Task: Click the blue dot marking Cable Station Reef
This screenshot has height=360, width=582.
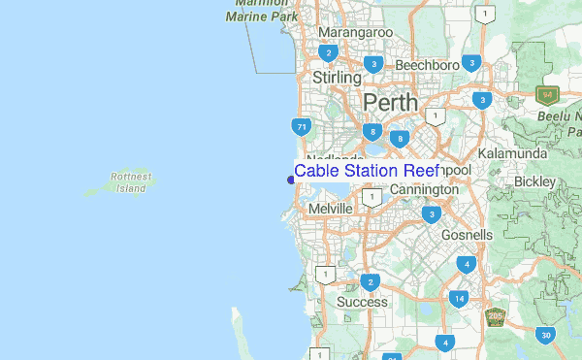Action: [x=291, y=179]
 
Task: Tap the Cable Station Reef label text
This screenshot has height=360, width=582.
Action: [x=367, y=171]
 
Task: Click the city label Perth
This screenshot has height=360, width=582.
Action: [x=390, y=102]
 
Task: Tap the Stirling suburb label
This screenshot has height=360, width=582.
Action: [x=337, y=77]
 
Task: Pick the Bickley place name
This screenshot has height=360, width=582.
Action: [x=534, y=181]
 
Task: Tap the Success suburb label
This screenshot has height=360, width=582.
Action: [x=362, y=302]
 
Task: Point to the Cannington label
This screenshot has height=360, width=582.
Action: [x=424, y=190]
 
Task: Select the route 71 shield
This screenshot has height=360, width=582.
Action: [x=302, y=126]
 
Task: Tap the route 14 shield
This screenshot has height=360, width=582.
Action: [x=458, y=298]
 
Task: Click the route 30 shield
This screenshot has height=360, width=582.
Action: [x=546, y=335]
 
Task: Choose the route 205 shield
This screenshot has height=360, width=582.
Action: [x=496, y=315]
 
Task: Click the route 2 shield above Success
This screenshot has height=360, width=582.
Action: [x=370, y=282]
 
